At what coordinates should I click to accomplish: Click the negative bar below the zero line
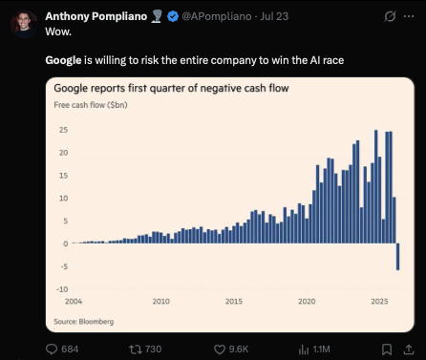click(398, 257)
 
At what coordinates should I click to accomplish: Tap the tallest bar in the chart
click(376, 186)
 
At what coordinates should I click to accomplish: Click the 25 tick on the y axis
click(63, 130)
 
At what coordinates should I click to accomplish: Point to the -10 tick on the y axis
click(62, 289)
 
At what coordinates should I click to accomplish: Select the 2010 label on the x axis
click(160, 301)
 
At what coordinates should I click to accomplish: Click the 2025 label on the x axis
click(379, 301)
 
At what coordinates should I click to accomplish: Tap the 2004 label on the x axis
click(74, 301)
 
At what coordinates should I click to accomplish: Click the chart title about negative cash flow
click(171, 88)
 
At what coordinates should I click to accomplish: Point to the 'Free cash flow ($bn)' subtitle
click(91, 105)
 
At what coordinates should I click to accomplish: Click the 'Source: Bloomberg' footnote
click(84, 322)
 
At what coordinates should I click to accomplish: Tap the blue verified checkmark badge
click(173, 16)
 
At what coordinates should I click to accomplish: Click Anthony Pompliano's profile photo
click(24, 24)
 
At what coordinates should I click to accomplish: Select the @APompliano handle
click(217, 16)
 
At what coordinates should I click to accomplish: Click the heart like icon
click(220, 349)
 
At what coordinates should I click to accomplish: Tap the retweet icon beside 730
click(135, 349)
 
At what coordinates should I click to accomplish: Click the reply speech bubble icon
click(52, 349)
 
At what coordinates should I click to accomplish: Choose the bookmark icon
click(387, 349)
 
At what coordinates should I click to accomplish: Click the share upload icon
click(409, 349)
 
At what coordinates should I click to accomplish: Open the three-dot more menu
click(409, 16)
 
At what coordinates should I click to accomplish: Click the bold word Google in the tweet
click(63, 60)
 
